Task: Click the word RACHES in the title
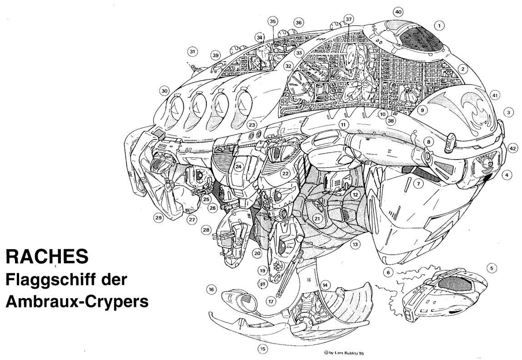(x=47, y=256)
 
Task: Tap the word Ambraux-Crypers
(x=77, y=302)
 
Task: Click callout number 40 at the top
(x=398, y=12)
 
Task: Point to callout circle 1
(x=439, y=25)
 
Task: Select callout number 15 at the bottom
(x=263, y=349)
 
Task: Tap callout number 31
(x=192, y=51)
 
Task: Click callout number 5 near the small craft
(x=492, y=268)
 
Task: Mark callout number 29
(x=158, y=218)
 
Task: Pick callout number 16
(x=211, y=290)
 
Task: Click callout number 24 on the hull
(x=238, y=166)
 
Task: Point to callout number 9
(x=422, y=110)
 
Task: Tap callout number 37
(x=348, y=19)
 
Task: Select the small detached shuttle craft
(x=446, y=295)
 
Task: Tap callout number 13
(x=355, y=244)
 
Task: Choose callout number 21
(x=317, y=219)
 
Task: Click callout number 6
(x=388, y=272)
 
